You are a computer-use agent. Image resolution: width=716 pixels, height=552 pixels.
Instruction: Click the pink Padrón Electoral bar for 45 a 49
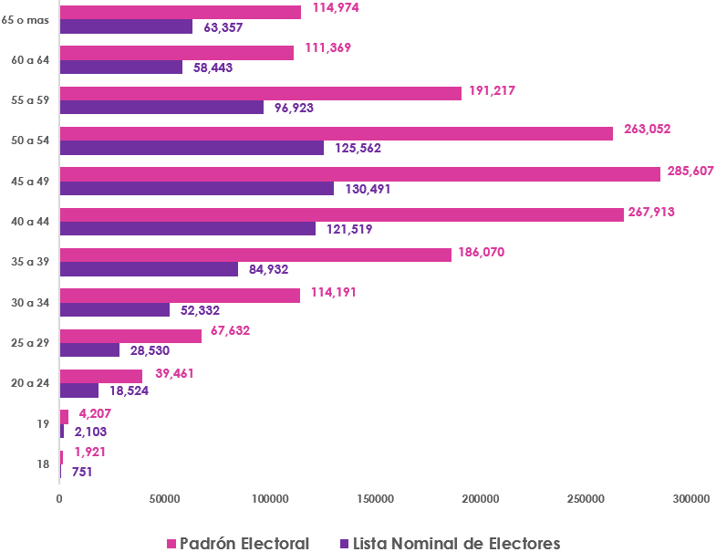pyautogui.click(x=359, y=173)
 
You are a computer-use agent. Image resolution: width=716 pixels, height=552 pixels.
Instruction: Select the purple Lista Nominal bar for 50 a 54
pyautogui.click(x=192, y=148)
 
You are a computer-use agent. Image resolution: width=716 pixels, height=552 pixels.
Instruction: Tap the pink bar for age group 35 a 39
pyautogui.click(x=255, y=255)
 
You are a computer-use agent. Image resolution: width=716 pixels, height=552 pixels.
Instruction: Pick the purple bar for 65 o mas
pyautogui.click(x=126, y=26)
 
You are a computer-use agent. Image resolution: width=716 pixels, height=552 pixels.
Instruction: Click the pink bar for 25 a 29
pyautogui.click(x=130, y=336)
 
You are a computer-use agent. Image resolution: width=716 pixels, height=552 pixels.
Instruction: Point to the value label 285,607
pyautogui.click(x=690, y=171)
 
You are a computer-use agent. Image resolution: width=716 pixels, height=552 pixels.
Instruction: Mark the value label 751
pyautogui.click(x=82, y=472)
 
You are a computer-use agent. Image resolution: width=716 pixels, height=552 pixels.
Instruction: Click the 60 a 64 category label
pyautogui.click(x=30, y=60)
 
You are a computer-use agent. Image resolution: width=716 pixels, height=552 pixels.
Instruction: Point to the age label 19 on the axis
pyautogui.click(x=43, y=423)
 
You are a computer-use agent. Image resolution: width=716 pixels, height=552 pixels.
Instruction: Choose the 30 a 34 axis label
pyautogui.click(x=30, y=302)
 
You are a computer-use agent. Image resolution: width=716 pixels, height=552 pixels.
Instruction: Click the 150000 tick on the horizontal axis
pyautogui.click(x=375, y=499)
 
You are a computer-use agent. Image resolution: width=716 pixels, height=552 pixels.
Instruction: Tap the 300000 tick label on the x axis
pyautogui.click(x=690, y=499)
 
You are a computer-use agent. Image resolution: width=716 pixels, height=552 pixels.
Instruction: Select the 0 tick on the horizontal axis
pyautogui.click(x=59, y=499)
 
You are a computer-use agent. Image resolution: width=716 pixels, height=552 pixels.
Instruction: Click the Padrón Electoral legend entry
pyautogui.click(x=237, y=544)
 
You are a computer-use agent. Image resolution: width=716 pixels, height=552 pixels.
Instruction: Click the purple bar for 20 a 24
pyautogui.click(x=79, y=391)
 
